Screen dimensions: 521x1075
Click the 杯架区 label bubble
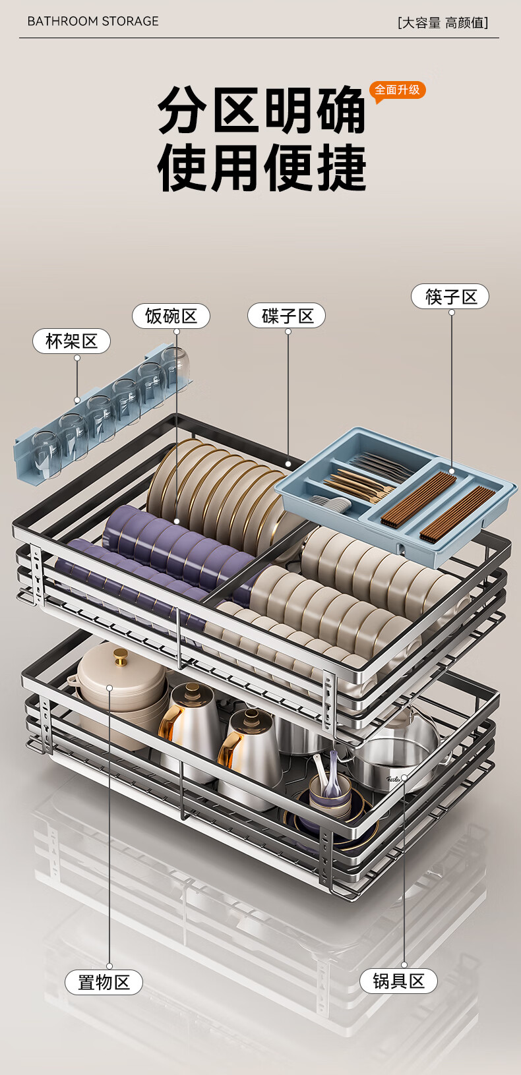[71, 341]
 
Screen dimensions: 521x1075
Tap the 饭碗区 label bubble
[171, 316]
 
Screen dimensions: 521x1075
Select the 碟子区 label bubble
[287, 316]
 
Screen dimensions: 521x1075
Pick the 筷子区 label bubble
[450, 296]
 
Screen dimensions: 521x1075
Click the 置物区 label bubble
[104, 982]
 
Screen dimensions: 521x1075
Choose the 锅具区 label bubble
[398, 981]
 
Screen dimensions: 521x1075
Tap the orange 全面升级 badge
[397, 90]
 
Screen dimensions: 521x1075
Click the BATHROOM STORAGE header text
[93, 21]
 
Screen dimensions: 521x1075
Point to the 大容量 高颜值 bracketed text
[443, 22]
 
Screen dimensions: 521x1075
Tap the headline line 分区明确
[262, 109]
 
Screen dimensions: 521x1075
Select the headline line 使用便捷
[262, 167]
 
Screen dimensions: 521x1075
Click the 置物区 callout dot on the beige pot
[109, 687]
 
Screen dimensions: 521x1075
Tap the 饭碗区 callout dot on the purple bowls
[177, 521]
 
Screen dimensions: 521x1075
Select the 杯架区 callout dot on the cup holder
[77, 400]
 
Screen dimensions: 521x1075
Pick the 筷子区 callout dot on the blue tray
[451, 472]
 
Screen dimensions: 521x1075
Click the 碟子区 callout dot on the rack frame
[288, 463]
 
